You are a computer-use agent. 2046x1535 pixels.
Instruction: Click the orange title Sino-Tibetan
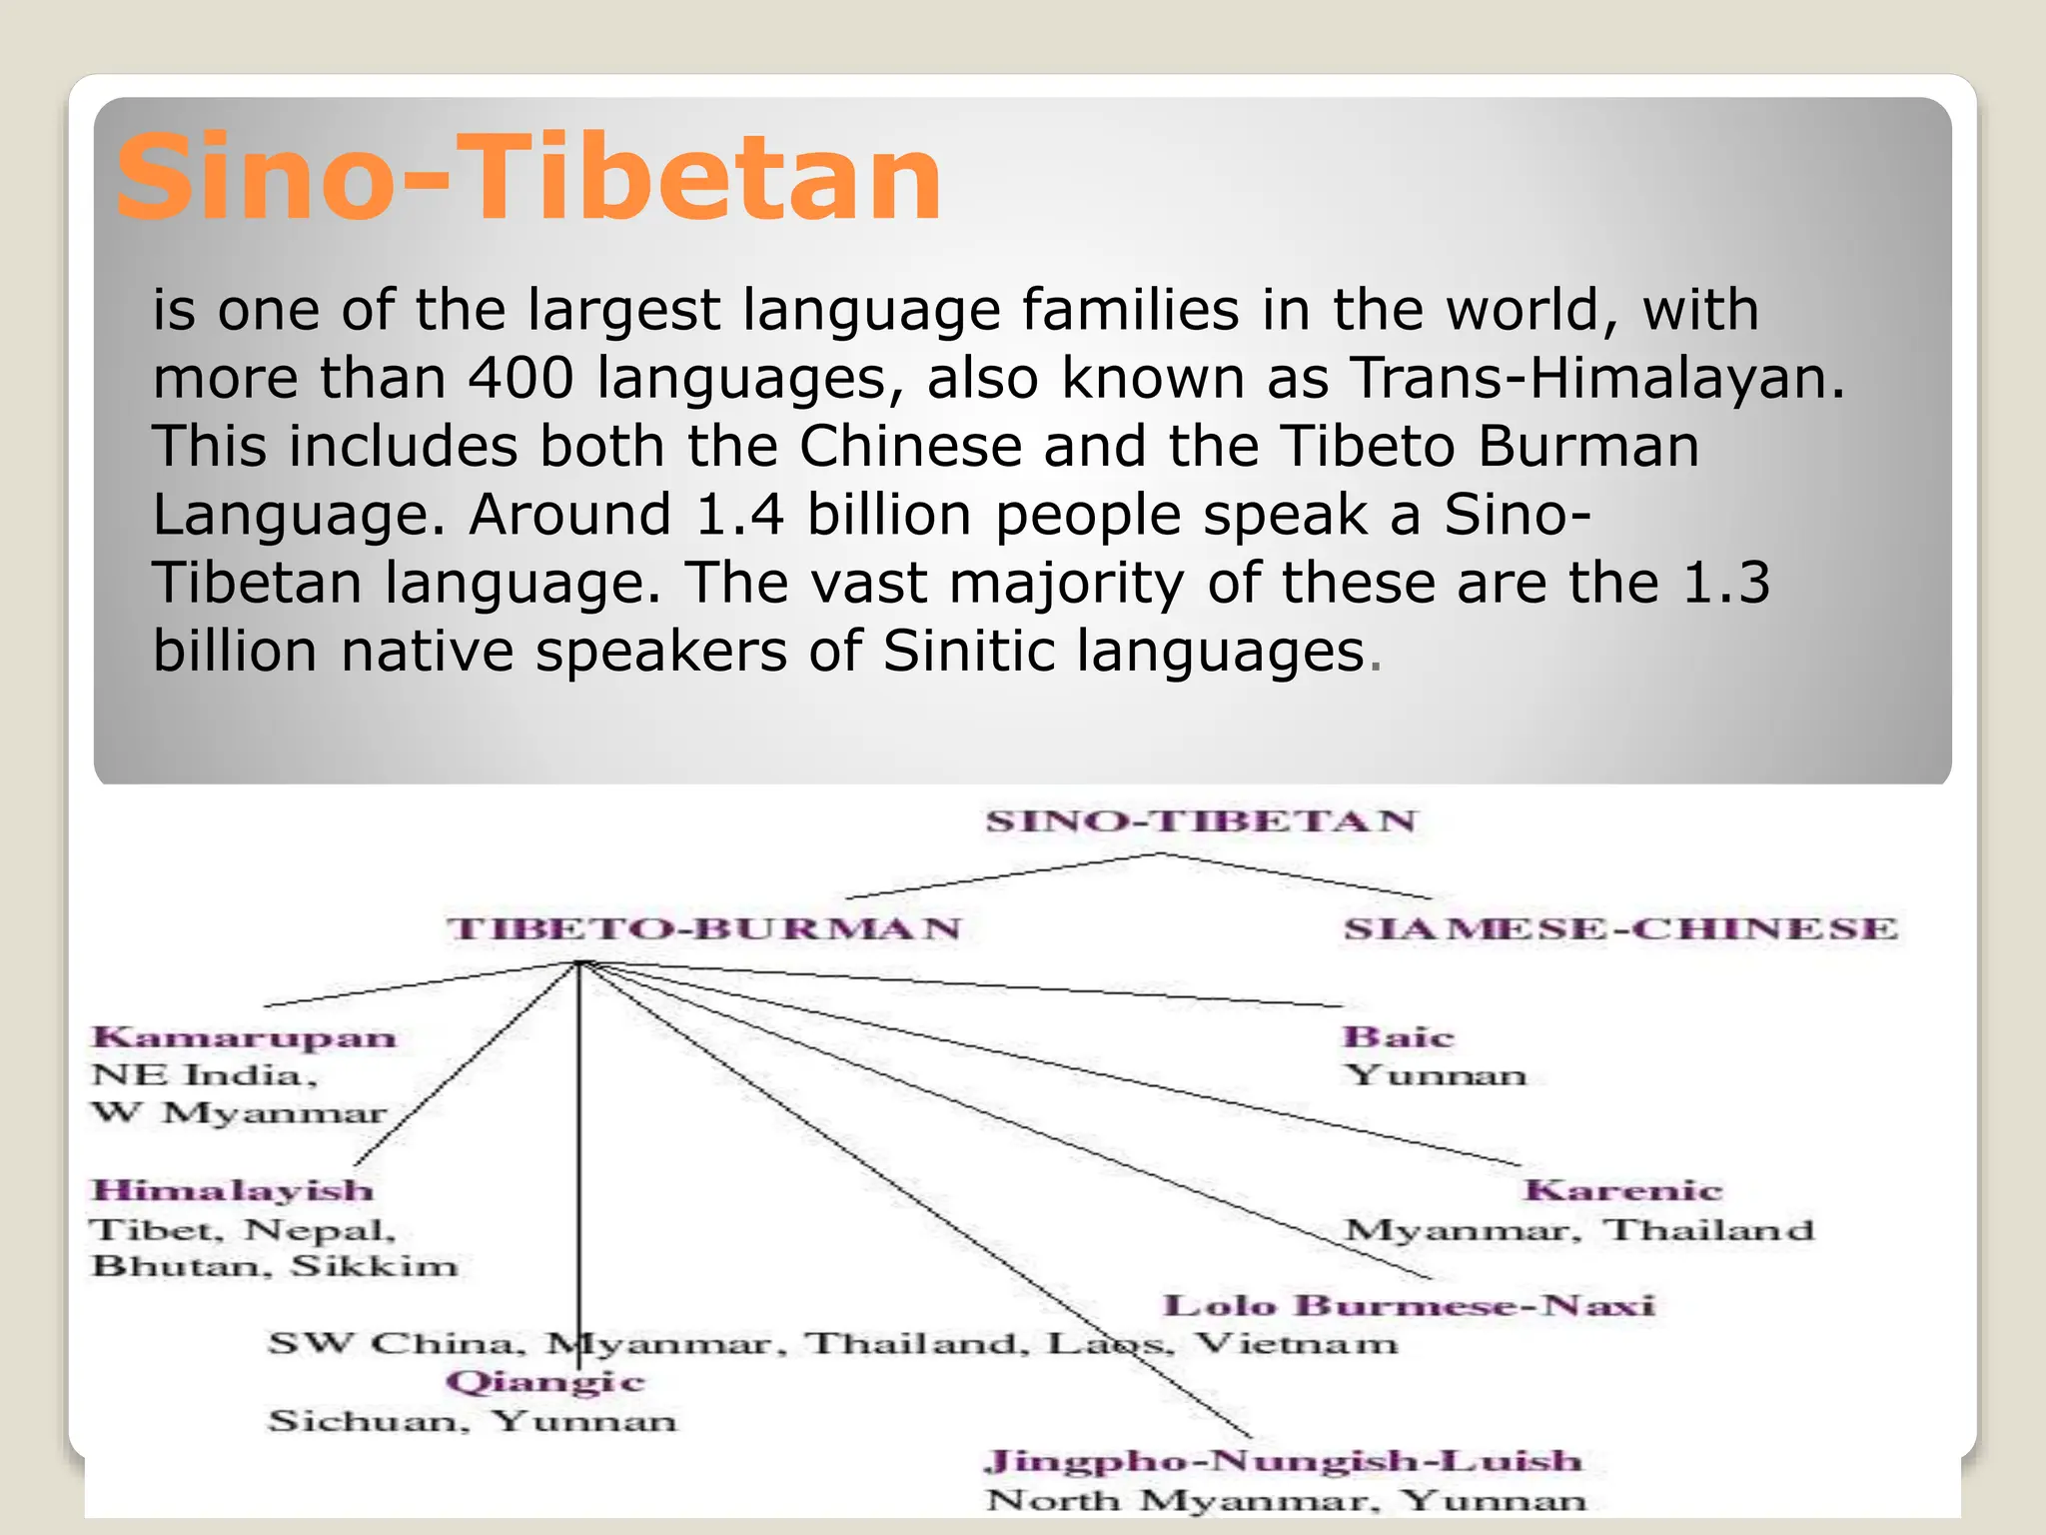pyautogui.click(x=528, y=178)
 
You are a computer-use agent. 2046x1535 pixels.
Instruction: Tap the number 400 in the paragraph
pyautogui.click(x=521, y=379)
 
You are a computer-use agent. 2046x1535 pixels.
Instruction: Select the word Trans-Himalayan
pyautogui.click(x=1597, y=379)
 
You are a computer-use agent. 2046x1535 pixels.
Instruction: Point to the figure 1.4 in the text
pyautogui.click(x=739, y=516)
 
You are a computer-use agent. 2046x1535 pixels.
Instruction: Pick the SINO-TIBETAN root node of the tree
pyautogui.click(x=1201, y=821)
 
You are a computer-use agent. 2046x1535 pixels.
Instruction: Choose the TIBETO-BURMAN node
pyautogui.click(x=703, y=928)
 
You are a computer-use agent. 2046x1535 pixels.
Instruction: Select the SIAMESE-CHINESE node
pyautogui.click(x=1619, y=928)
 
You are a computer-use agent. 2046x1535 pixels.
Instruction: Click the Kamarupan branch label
pyautogui.click(x=245, y=1037)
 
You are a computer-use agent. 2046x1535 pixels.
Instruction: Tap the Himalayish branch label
pyautogui.click(x=233, y=1190)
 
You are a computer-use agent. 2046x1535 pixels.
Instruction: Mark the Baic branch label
pyautogui.click(x=1398, y=1037)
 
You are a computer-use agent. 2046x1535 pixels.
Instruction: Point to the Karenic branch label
pyautogui.click(x=1622, y=1190)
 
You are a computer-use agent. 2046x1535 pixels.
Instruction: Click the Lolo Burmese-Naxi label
pyautogui.click(x=1409, y=1305)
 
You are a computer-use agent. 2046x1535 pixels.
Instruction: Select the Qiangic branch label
pyautogui.click(x=545, y=1382)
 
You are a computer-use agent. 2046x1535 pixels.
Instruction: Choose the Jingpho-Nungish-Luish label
pyautogui.click(x=1284, y=1461)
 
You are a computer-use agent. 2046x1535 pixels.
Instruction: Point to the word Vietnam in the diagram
pyautogui.click(x=1297, y=1343)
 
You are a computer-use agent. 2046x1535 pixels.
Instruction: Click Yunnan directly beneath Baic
pyautogui.click(x=1436, y=1075)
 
